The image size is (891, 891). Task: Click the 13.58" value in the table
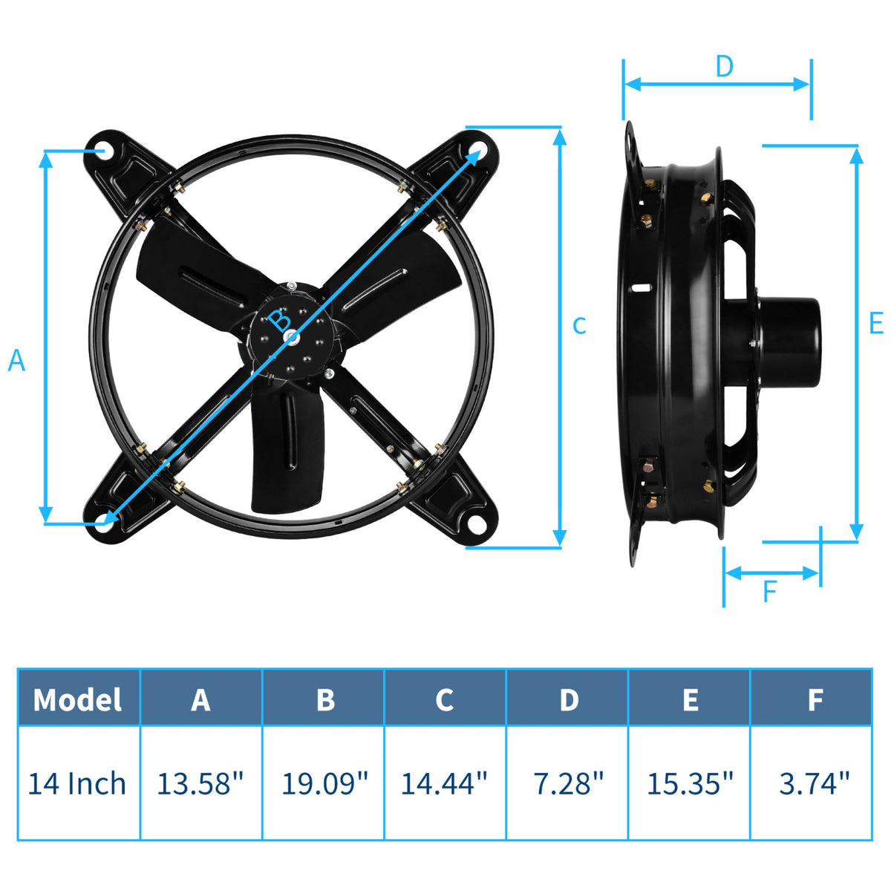click(x=200, y=783)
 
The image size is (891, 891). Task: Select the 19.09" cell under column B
click(x=324, y=783)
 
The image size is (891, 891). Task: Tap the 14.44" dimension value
click(x=444, y=783)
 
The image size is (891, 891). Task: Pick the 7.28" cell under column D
click(x=568, y=783)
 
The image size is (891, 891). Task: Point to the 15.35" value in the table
click(x=690, y=783)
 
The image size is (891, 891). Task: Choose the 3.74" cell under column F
click(x=814, y=783)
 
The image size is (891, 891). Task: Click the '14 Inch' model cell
click(x=77, y=783)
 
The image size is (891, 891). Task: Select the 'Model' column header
click(x=78, y=699)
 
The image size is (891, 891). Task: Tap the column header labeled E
click(x=690, y=699)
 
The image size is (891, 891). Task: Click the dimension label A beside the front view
click(x=16, y=361)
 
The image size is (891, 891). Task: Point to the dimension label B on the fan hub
click(x=280, y=321)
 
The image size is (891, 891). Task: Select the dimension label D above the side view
click(x=724, y=67)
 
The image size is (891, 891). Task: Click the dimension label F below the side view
click(x=769, y=592)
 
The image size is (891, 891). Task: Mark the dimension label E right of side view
click(x=875, y=324)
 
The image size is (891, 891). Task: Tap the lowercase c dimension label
click(x=579, y=325)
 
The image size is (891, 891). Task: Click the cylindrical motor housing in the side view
click(x=787, y=341)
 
